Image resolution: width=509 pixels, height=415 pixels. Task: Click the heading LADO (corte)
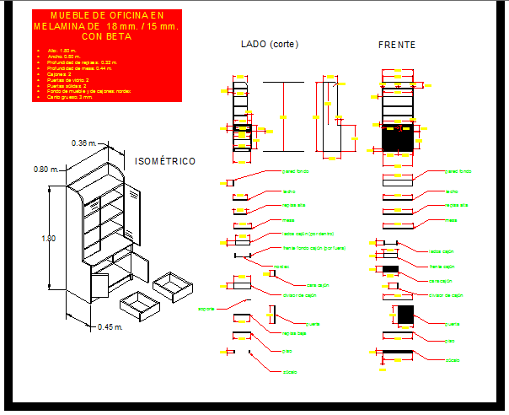click(x=269, y=44)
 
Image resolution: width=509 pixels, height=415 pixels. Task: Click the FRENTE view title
click(x=396, y=45)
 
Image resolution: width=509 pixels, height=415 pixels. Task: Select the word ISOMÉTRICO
click(x=165, y=161)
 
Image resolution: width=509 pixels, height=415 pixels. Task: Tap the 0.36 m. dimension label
click(x=86, y=142)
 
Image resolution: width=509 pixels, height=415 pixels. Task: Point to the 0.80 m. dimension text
click(x=46, y=169)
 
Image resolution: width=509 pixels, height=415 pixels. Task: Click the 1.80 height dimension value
click(x=49, y=239)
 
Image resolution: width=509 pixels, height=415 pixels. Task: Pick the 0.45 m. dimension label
click(x=110, y=326)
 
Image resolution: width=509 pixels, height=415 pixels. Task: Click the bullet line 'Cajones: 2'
click(x=59, y=74)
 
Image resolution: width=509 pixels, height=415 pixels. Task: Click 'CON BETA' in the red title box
click(x=106, y=36)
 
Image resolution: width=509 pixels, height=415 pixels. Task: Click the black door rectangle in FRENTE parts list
click(x=405, y=315)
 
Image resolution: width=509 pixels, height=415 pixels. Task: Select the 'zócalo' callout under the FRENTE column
click(x=453, y=360)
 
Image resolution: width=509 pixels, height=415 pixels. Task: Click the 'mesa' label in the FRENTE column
click(x=451, y=220)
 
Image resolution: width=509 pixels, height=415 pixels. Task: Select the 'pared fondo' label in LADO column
click(x=295, y=170)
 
